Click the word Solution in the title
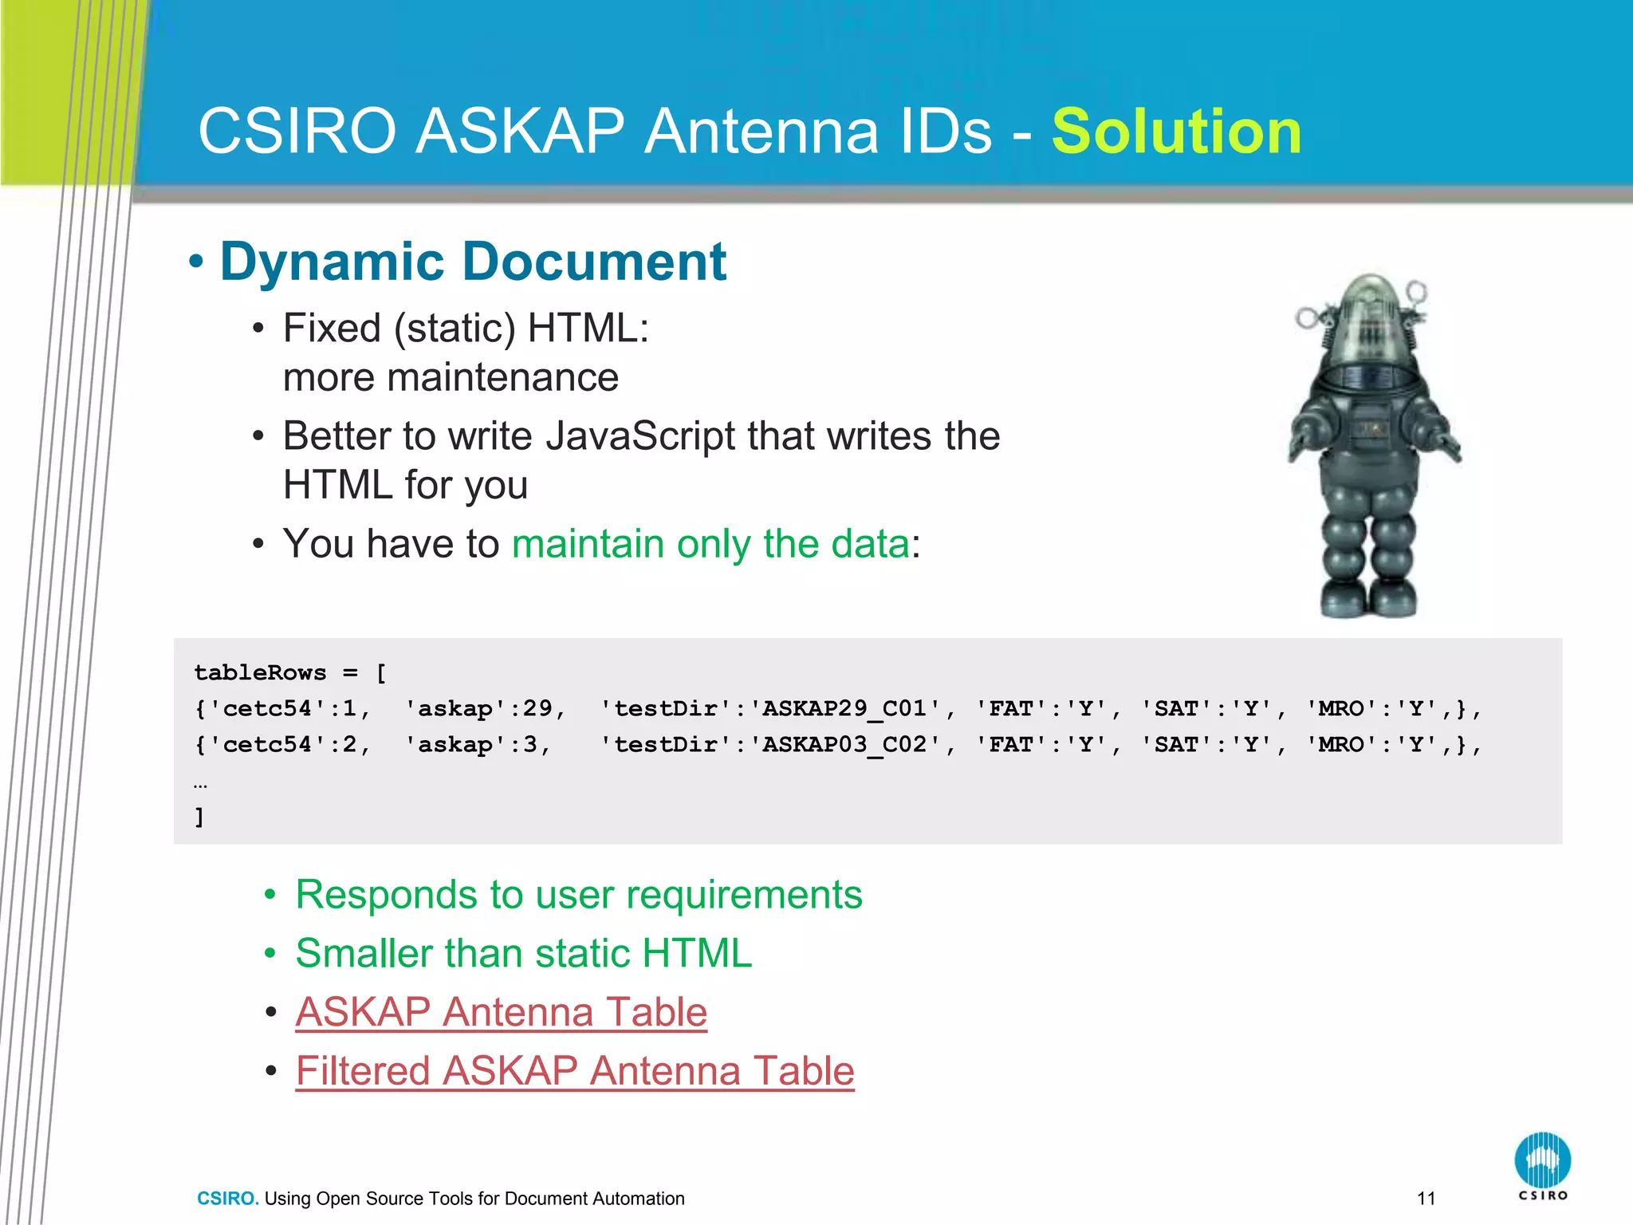coord(1176,132)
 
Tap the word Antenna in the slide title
coord(817,132)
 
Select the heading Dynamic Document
coord(473,262)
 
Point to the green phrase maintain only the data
coord(710,544)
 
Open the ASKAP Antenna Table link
coord(501,1012)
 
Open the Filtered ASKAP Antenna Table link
coord(574,1071)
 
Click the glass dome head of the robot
coord(1373,319)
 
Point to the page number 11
coord(1426,1199)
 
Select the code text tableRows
coord(260,673)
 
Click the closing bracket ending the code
coord(199,817)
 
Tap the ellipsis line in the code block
coord(200,784)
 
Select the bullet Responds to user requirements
coord(578,895)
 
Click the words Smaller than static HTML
coord(523,954)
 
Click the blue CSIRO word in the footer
coord(227,1199)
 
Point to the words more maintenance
coord(451,378)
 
